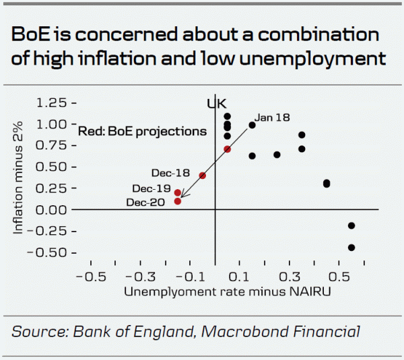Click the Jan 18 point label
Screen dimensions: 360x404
[273, 117]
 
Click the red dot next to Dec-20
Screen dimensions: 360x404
[178, 201]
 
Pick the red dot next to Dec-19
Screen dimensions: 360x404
[178, 192]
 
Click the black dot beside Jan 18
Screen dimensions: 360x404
[252, 124]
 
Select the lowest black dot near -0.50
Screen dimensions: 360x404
[351, 248]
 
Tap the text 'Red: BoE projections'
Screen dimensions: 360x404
[142, 131]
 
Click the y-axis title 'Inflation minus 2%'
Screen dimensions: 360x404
[21, 176]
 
